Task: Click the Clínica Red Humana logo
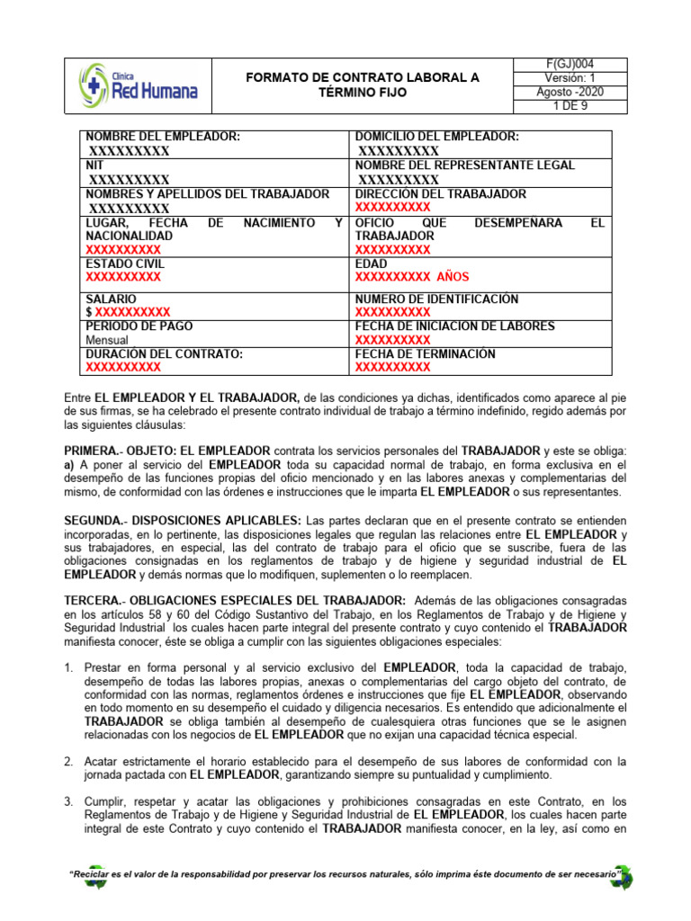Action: tap(138, 85)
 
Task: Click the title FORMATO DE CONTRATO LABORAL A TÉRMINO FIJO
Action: tap(362, 85)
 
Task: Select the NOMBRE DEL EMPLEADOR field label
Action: tap(163, 137)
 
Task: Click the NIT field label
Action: tap(94, 165)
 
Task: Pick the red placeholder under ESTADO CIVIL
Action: tap(123, 277)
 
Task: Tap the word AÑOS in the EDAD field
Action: tap(451, 277)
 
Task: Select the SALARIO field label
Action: tap(111, 298)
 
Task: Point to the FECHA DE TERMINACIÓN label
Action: tap(425, 353)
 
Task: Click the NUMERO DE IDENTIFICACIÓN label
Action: tap(436, 298)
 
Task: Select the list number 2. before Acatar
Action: tap(69, 736)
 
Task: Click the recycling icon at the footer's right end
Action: tap(621, 876)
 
